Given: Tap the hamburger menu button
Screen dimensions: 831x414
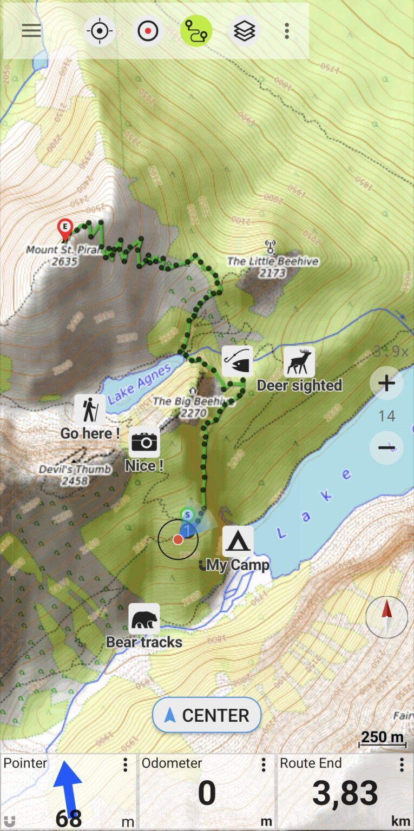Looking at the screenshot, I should pos(31,31).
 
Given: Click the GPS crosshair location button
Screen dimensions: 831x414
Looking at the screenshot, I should pos(100,31).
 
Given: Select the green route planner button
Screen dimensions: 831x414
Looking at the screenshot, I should pos(196,31).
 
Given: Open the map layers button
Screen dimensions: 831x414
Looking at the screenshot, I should pos(245,31).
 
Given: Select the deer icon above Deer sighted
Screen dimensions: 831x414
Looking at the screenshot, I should pos(299,362).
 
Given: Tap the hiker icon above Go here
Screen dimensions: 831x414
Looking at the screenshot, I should pos(90,409).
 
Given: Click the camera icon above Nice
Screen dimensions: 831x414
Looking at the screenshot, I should pos(144,442).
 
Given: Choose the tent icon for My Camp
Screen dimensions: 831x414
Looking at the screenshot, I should pos(238,541).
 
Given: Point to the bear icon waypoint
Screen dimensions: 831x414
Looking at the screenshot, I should pos(144,618).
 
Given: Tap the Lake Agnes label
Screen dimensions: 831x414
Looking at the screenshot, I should pos(140,384).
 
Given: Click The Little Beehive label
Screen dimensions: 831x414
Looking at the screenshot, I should pos(272,261).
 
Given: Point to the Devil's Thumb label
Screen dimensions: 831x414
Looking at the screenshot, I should pos(75,469).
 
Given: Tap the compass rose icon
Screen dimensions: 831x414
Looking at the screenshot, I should pos(387,617).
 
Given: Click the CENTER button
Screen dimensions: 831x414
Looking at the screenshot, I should pos(207,715).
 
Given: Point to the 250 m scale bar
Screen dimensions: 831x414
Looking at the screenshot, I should pos(383,737).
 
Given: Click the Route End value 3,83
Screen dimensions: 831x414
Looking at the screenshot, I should pos(345,794).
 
